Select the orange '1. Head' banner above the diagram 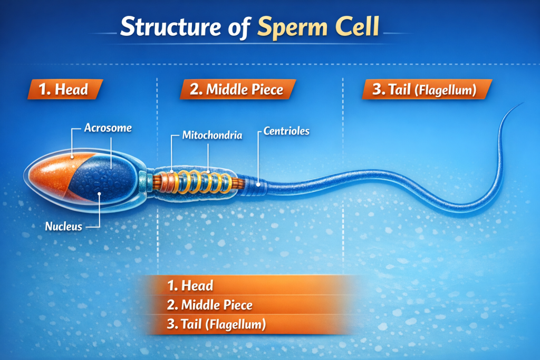click(x=64, y=90)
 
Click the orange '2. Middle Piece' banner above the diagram click(x=237, y=90)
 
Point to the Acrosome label click(x=108, y=128)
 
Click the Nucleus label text click(x=63, y=227)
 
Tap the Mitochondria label click(x=212, y=135)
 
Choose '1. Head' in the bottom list click(x=190, y=286)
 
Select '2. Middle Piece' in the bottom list click(x=210, y=305)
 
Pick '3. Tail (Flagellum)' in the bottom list click(x=216, y=324)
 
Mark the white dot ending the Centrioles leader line click(x=258, y=184)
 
